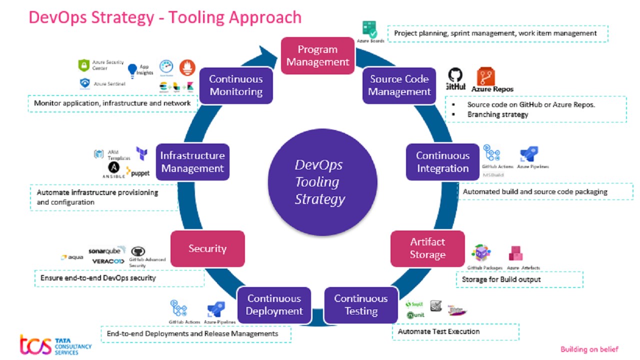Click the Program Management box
[x=317, y=55]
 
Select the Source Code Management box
[x=399, y=85]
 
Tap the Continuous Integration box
[x=442, y=162]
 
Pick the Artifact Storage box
[x=427, y=248]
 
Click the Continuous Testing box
[x=361, y=305]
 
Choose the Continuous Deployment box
[x=274, y=305]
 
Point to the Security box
[x=207, y=248]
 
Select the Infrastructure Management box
[x=192, y=162]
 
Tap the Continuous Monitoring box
[x=236, y=85]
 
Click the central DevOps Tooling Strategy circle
[x=320, y=181]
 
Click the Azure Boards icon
[x=370, y=29]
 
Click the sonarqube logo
[x=104, y=250]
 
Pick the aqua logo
[x=72, y=257]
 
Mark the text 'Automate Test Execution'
[x=438, y=331]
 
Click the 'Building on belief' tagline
[x=589, y=349]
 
